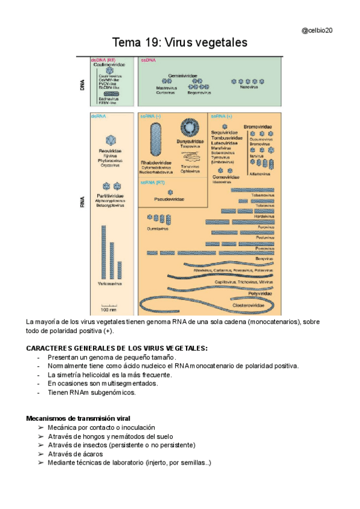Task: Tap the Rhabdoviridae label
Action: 156,163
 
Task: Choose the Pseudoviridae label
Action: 170,199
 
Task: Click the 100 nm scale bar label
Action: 109,310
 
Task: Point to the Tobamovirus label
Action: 262,195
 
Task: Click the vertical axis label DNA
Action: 82,85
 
